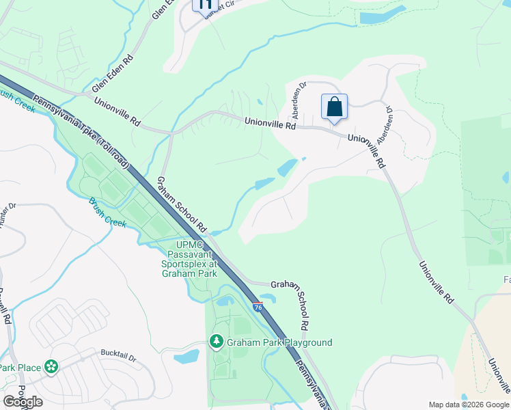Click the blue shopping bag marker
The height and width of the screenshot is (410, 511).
[x=334, y=107]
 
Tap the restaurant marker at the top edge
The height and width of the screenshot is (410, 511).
[x=204, y=4]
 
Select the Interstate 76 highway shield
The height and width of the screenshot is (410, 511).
[x=258, y=307]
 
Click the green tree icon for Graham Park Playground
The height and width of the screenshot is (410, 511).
[x=217, y=341]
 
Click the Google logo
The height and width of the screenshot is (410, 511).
[x=23, y=402]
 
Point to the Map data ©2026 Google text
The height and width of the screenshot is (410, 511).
[x=467, y=404]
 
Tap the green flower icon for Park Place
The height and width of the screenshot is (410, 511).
[x=51, y=368]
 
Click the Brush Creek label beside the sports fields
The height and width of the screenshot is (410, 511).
[x=107, y=213]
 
